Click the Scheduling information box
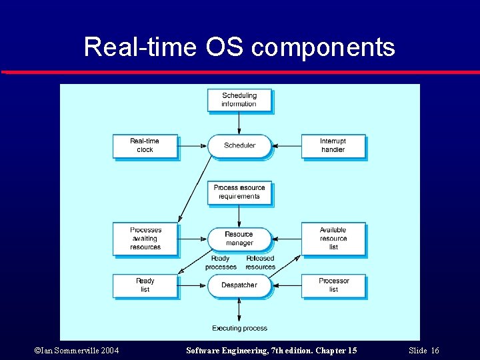pos(239,100)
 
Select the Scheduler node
pos(239,145)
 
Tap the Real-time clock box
pos(145,145)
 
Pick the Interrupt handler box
pos(333,145)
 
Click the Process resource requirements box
pos(239,192)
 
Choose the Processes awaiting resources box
pos(145,238)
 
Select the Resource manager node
pos(239,238)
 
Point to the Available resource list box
pos(333,238)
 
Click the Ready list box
pos(145,285)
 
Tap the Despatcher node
pos(239,285)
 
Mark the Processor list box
pos(333,285)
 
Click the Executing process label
pos(239,328)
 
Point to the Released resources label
pos(260,263)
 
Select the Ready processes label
pos(221,263)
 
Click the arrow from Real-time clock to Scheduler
pos(193,145)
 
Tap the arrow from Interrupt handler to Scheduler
pos(287,145)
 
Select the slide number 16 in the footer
pos(435,351)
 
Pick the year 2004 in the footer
pos(108,351)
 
